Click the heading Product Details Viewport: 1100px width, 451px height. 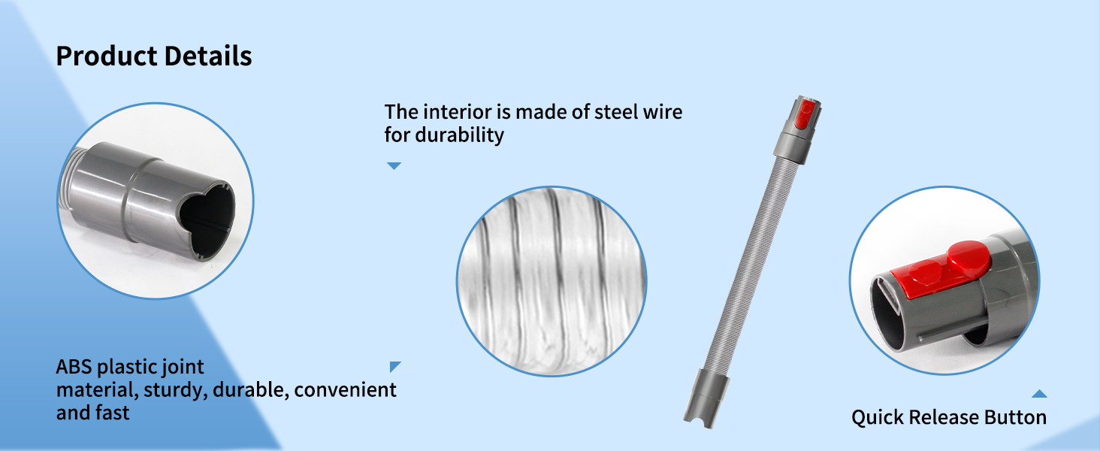pyautogui.click(x=154, y=56)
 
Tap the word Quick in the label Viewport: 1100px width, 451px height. pyautogui.click(x=877, y=418)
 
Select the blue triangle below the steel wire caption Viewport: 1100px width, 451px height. pyautogui.click(x=394, y=165)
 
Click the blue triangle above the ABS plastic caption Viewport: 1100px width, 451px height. pyautogui.click(x=394, y=366)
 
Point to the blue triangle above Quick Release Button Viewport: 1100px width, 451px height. pyautogui.click(x=1039, y=393)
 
